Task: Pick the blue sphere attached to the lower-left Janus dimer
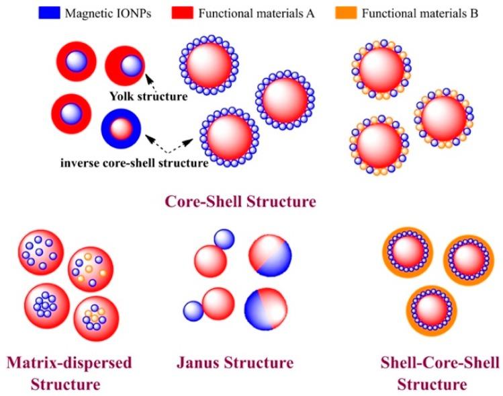click(193, 310)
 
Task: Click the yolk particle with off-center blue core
click(124, 65)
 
